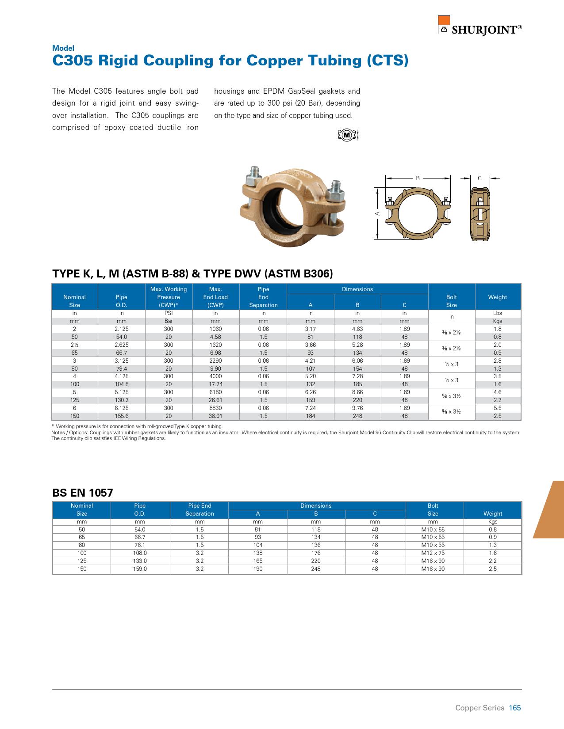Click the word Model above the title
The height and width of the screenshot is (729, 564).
63,48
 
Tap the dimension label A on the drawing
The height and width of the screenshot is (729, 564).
377,213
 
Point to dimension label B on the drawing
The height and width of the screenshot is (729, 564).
418,178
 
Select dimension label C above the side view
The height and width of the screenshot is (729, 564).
480,178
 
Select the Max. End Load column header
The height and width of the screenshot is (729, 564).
215,297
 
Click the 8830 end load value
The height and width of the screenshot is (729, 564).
215,408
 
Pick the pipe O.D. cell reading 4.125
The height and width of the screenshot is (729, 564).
121,376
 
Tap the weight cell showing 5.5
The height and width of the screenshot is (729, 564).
497,408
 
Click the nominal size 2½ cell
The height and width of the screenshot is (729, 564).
74,345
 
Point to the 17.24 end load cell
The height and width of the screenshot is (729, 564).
215,384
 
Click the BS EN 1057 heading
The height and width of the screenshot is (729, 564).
83,493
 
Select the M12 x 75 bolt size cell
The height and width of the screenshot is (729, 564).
433,553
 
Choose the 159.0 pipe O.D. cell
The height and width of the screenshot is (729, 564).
140,569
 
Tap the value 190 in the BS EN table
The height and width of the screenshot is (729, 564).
257,569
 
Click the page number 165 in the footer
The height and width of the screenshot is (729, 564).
515,708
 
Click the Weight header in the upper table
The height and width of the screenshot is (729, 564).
497,297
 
